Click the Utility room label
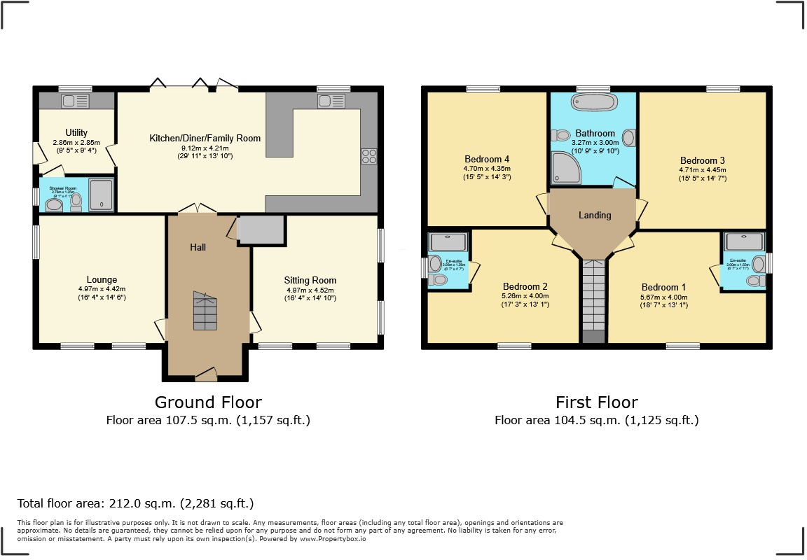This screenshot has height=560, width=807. click(76, 133)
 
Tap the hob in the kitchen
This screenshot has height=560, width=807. click(368, 156)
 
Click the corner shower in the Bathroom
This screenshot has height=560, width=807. click(565, 168)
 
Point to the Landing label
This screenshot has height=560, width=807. click(595, 215)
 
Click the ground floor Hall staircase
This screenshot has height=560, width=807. click(205, 312)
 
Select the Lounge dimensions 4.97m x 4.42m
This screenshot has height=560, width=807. click(102, 288)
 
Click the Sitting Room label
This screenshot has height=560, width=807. click(310, 280)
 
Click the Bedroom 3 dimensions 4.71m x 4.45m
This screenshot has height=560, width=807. click(702, 169)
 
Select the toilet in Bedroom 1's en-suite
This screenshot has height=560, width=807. click(754, 281)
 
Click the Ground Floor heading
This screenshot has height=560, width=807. click(208, 402)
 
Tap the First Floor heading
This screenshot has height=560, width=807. click(596, 402)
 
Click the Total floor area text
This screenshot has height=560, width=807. click(135, 503)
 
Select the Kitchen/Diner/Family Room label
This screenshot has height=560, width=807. click(205, 139)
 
